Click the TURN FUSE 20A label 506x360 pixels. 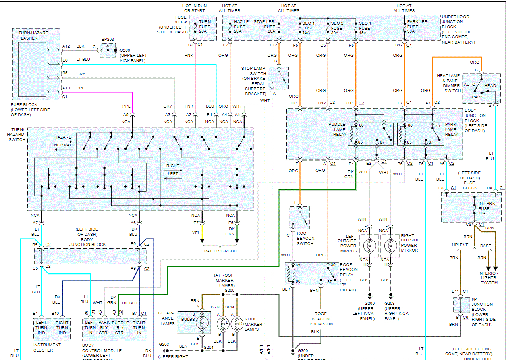pyautogui.click(x=205, y=27)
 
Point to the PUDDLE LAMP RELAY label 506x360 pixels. pyautogui.click(x=337, y=129)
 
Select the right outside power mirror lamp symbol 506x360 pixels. pyautogui.click(x=389, y=245)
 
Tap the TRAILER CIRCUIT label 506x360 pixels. pyautogui.click(x=220, y=251)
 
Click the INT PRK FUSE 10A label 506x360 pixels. pyautogui.click(x=484, y=208)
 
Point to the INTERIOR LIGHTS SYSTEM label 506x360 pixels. pyautogui.click(x=488, y=278)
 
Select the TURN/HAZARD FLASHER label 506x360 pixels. pyautogui.click(x=28, y=35)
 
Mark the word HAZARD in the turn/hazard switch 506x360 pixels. pyautogui.click(x=63, y=137)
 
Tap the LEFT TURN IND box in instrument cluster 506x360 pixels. pyautogui.click(x=41, y=327)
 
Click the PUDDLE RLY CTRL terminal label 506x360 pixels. pyautogui.click(x=120, y=327)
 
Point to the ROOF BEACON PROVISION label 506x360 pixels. pyautogui.click(x=321, y=318)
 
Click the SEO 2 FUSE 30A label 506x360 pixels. pyautogui.click(x=337, y=27)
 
